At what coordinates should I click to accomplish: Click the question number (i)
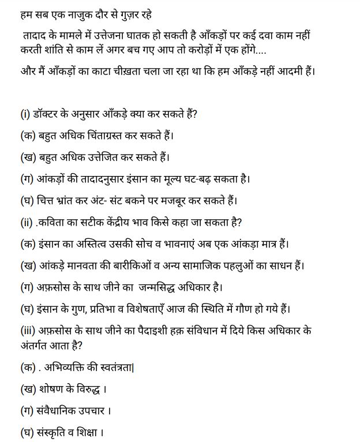pyautogui.click(x=25, y=114)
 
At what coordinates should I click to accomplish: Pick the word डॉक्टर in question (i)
pyautogui.click(x=54, y=114)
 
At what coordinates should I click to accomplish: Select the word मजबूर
pyautogui.click(x=181, y=201)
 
